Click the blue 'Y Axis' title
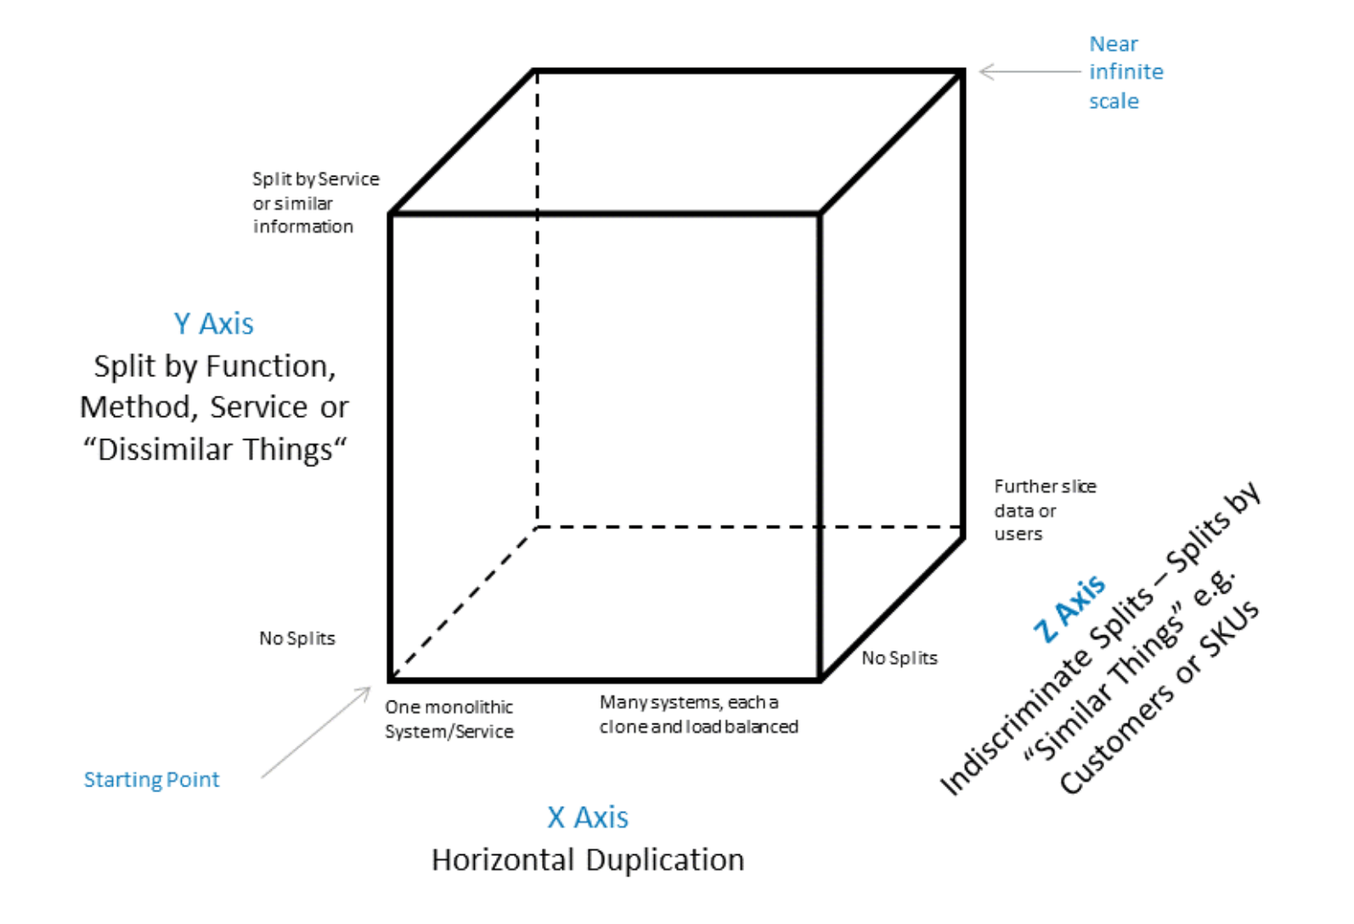(213, 324)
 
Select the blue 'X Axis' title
(588, 817)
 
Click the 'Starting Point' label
(151, 780)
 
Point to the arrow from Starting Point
(316, 732)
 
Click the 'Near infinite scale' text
(1125, 72)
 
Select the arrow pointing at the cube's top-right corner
(1029, 71)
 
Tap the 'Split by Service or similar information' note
(314, 202)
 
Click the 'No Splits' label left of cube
(297, 639)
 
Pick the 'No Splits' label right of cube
(900, 658)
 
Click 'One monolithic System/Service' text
(449, 719)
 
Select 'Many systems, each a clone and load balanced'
(698, 714)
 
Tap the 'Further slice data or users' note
(1043, 510)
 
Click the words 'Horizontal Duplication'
(588, 860)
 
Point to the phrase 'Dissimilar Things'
(215, 449)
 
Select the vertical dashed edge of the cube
(538, 297)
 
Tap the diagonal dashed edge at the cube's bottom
(464, 603)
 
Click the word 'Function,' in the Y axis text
(274, 367)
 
